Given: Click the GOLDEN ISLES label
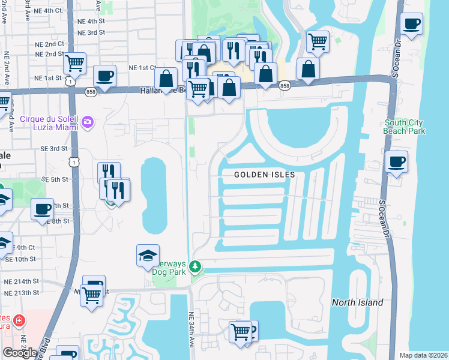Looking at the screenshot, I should click(265, 175).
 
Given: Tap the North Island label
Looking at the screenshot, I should click(357, 302).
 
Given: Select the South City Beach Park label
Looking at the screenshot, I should click(405, 127).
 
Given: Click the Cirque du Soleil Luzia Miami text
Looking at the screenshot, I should click(50, 119).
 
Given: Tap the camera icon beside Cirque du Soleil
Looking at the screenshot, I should click(89, 122).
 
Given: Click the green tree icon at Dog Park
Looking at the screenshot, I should click(194, 265).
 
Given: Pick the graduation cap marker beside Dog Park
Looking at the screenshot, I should click(148, 256).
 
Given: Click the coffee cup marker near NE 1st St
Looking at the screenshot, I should click(104, 76).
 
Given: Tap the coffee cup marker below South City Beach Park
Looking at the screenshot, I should click(396, 161).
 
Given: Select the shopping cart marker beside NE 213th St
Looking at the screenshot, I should click(91, 295).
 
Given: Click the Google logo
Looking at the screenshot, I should click(20, 353).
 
